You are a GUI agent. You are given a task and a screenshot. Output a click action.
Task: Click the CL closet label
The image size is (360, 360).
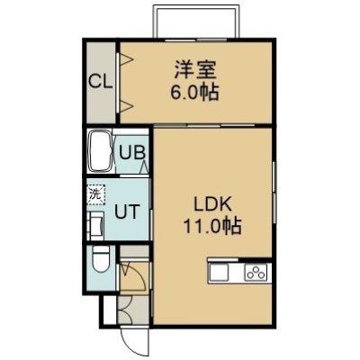point(101,81)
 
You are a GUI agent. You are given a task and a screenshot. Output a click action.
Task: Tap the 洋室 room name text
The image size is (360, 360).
point(195,70)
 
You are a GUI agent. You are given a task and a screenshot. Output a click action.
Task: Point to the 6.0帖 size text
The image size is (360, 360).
point(194,92)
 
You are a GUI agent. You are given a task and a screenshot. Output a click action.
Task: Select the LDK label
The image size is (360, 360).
point(212,205)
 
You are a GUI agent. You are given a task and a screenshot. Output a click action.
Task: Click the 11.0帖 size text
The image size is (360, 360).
point(212,226)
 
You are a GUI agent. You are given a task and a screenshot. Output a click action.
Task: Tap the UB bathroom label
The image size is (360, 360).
point(132,152)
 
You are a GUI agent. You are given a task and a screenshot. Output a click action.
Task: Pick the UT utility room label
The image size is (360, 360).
point(128,211)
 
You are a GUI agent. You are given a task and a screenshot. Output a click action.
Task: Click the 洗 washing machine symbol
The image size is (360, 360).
point(96,194)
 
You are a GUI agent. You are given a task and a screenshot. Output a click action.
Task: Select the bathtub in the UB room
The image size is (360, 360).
point(100,151)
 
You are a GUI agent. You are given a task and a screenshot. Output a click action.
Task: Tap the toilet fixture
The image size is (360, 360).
point(100,259)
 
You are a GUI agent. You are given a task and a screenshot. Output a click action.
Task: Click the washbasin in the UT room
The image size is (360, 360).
point(96,226)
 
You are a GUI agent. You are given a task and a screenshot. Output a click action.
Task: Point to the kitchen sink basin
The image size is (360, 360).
point(219,273)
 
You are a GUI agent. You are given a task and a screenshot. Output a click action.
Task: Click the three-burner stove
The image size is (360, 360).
point(256,273)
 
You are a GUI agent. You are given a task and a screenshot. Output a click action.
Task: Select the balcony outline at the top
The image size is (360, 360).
point(196,6)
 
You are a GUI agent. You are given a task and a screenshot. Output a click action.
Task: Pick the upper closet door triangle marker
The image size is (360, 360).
point(127,59)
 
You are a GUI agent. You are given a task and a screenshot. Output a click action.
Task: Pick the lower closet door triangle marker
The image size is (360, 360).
point(127,106)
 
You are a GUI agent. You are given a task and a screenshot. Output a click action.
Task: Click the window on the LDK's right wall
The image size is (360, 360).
point(274,193)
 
